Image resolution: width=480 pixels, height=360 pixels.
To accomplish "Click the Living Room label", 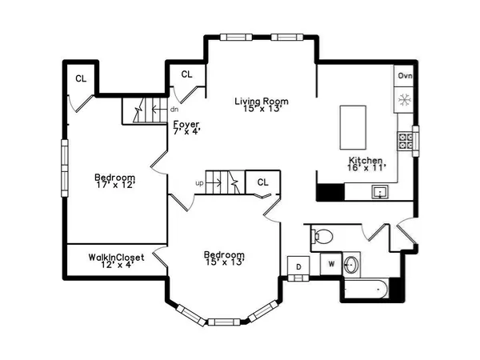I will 261,102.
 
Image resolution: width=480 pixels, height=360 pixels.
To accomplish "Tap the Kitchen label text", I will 366,160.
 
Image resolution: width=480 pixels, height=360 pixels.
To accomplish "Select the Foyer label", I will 186,124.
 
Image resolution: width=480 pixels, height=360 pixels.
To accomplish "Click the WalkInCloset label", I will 116,258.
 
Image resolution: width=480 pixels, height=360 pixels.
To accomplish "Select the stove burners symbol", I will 406,142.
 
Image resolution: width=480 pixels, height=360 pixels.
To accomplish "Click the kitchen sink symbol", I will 378,192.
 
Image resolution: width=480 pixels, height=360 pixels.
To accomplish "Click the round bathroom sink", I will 351,264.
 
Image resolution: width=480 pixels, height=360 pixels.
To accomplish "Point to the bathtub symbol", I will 369,290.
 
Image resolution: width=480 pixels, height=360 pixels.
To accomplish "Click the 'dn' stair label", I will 174,110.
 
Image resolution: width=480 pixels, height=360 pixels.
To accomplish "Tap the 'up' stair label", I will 199,183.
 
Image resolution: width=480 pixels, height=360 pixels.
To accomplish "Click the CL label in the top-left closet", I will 81,78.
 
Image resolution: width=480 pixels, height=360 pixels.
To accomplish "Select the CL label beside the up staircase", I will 262,182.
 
